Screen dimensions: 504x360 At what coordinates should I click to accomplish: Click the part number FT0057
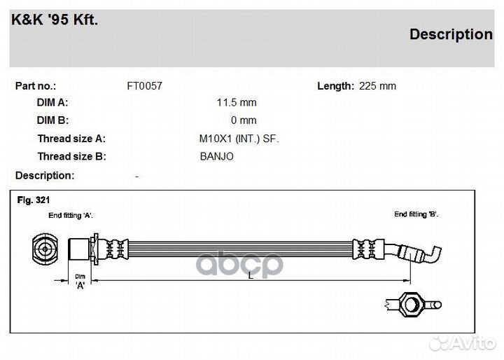(145, 86)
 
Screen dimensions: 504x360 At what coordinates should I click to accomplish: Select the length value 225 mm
(377, 86)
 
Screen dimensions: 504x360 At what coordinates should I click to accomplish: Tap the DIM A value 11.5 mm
(237, 103)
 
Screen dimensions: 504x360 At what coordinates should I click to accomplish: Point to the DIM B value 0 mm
(244, 120)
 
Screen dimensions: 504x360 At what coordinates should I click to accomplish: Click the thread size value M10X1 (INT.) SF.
(239, 139)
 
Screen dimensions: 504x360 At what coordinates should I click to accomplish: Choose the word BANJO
(216, 156)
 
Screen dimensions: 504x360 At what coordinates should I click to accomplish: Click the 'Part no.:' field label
(36, 86)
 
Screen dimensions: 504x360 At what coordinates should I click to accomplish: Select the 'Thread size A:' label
(71, 139)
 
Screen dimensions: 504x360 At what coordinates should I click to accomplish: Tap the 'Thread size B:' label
(71, 156)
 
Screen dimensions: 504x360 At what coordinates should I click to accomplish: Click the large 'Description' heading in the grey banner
(451, 34)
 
